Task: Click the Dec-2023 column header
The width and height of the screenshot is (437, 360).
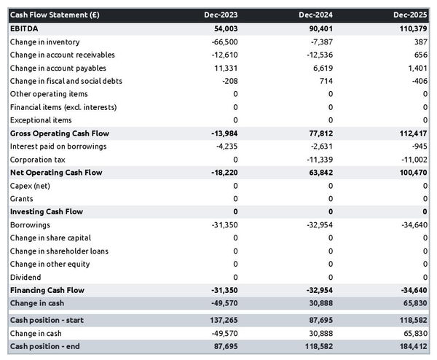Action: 221,15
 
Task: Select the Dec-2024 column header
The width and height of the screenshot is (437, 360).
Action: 316,15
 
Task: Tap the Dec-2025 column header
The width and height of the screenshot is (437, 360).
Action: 412,15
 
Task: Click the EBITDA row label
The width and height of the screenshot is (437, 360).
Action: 25,28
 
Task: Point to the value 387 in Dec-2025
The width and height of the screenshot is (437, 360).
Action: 420,42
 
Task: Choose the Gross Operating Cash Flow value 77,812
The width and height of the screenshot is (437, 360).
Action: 319,133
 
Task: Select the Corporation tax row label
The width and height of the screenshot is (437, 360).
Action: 37,160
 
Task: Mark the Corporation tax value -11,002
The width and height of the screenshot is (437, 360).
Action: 412,160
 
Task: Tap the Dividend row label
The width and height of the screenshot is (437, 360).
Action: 25,277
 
